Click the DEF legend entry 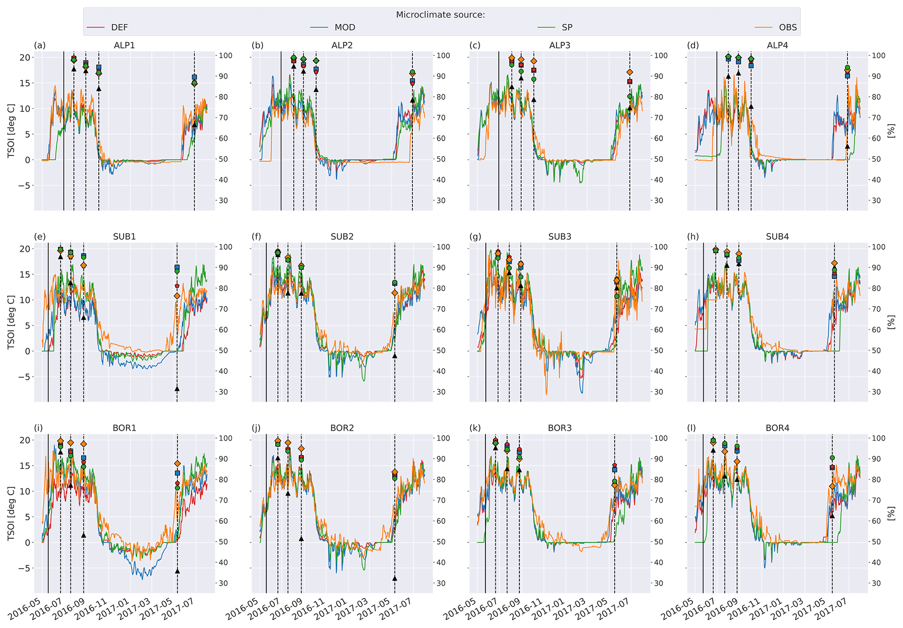119,28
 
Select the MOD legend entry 345,28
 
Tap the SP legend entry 567,28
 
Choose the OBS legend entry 788,28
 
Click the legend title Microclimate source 440,15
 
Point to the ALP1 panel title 125,45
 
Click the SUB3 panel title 560,236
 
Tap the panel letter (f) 256,236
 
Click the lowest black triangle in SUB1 177,389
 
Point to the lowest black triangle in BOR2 394,578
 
